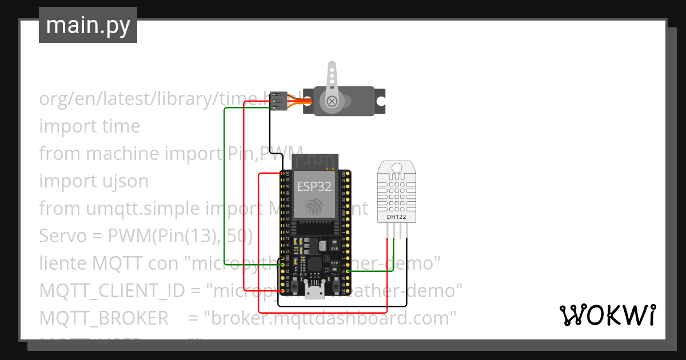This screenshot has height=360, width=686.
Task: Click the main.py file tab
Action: (87, 25)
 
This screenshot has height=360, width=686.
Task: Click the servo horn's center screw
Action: (331, 102)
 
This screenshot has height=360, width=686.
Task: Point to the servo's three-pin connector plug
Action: (278, 102)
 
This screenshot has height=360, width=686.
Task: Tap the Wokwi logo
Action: (607, 315)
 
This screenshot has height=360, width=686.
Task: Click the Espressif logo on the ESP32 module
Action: (314, 207)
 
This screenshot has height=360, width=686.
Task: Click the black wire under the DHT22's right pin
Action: (407, 257)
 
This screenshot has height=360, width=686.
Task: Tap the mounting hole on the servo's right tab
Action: (380, 102)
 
